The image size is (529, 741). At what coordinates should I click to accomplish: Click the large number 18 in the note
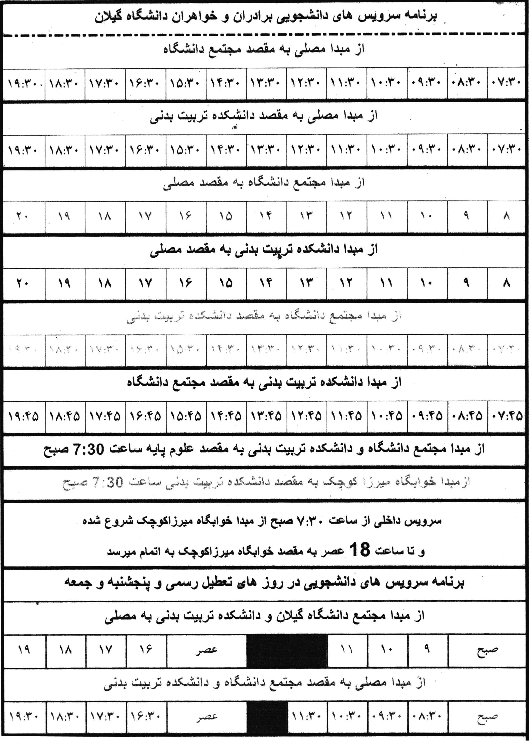(360, 550)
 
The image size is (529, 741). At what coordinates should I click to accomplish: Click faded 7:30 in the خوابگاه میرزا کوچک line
(108, 482)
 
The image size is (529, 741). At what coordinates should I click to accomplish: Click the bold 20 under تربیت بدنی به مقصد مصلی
(22, 283)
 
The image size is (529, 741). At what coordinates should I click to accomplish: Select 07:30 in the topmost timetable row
(507, 83)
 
